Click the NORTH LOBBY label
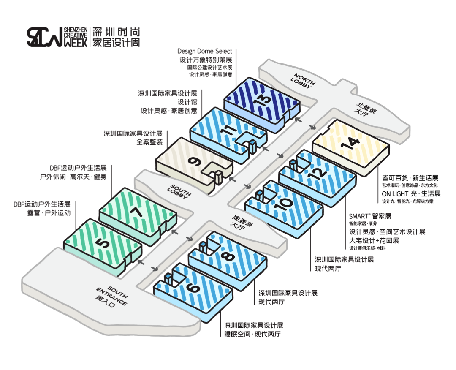[303, 81]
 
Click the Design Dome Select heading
[205, 52]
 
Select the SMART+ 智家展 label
[370, 216]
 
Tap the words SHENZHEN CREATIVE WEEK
[76, 37]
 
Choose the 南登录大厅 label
[239, 222]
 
